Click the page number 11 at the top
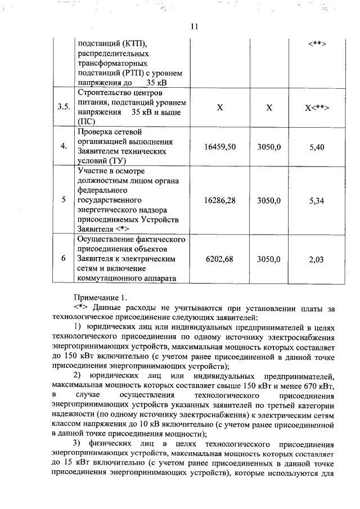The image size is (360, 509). click(x=195, y=26)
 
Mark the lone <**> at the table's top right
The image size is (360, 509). click(x=317, y=44)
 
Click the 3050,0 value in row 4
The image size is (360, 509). click(x=269, y=146)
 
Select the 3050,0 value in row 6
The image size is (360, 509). click(x=269, y=259)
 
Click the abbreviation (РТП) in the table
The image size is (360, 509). click(x=134, y=73)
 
